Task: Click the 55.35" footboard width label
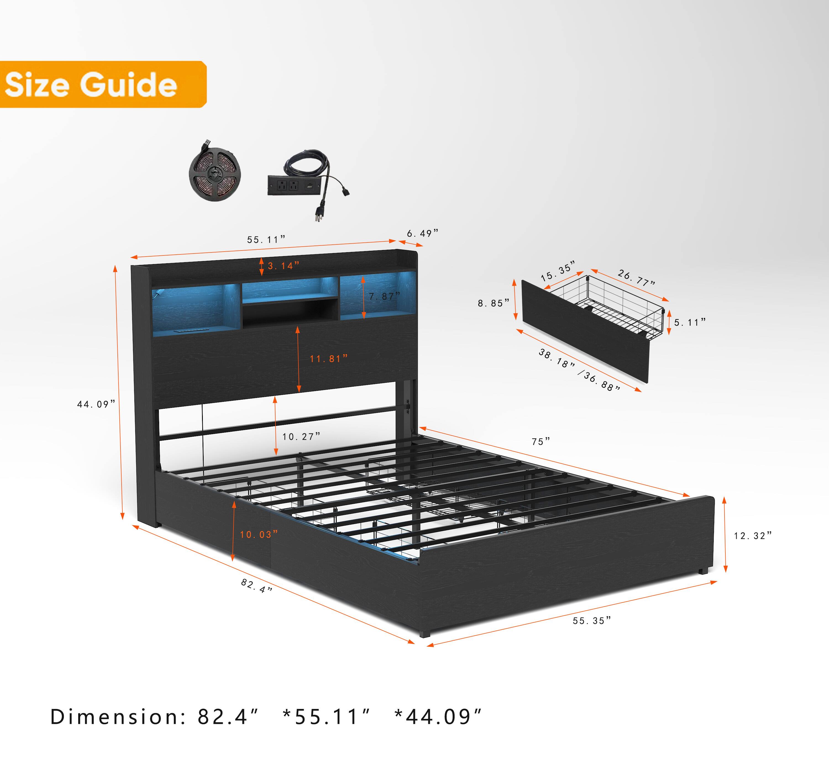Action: [x=592, y=621]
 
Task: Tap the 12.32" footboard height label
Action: [x=753, y=536]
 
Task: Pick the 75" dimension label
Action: [x=541, y=441]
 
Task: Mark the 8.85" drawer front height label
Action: [x=493, y=303]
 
